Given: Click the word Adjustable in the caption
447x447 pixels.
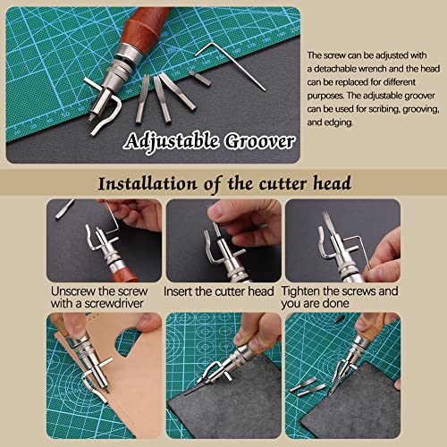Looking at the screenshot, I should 175,142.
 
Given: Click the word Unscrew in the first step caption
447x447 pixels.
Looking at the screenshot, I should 72,291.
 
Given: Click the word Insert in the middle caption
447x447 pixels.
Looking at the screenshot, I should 181,291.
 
